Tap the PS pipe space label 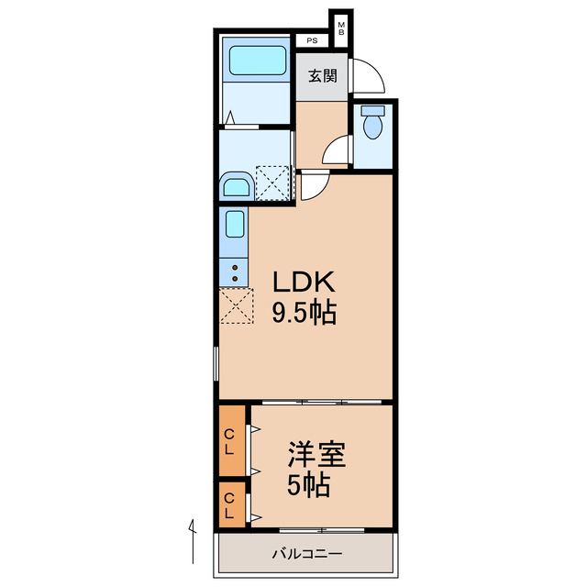coord(312,41)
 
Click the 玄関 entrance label coord(321,76)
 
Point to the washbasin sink coord(237,188)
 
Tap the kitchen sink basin coord(235,225)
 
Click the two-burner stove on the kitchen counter coord(235,271)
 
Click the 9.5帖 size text coord(303,314)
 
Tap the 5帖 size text coord(308,486)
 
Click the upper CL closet coord(231,441)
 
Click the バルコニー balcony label coord(306,554)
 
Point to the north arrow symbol coord(193,541)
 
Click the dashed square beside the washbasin coord(271,182)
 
